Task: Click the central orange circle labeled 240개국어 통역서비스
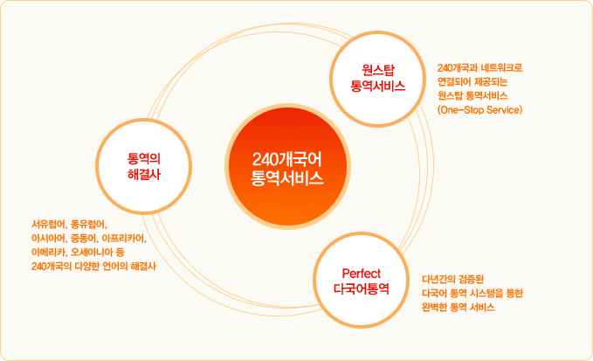pyautogui.click(x=287, y=166)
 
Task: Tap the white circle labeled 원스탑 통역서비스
pyautogui.click(x=378, y=79)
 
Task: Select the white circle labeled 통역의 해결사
pyautogui.click(x=144, y=166)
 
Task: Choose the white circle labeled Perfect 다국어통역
pyautogui.click(x=362, y=280)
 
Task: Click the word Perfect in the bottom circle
pyautogui.click(x=362, y=274)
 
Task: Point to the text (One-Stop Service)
pyautogui.click(x=480, y=110)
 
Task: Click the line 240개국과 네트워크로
pyautogui.click(x=480, y=68)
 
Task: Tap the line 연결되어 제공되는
pyautogui.click(x=472, y=82)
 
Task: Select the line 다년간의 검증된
pyautogui.click(x=452, y=280)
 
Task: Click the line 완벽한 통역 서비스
pyautogui.click(x=459, y=308)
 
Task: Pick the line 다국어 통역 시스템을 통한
pyautogui.click(x=472, y=294)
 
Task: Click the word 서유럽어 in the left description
pyautogui.click(x=48, y=225)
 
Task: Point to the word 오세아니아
pyautogui.click(x=92, y=252)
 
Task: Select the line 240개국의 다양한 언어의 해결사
pyautogui.click(x=93, y=266)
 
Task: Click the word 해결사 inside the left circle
pyautogui.click(x=144, y=175)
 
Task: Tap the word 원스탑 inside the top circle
pyautogui.click(x=378, y=70)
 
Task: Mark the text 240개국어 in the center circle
pyautogui.click(x=287, y=159)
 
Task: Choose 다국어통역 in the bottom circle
pyautogui.click(x=362, y=288)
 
